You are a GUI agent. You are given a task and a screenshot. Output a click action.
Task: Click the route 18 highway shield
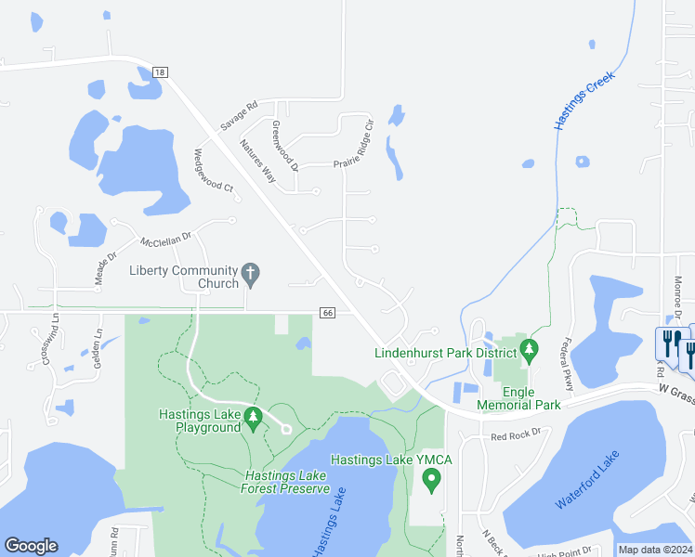pyautogui.click(x=159, y=72)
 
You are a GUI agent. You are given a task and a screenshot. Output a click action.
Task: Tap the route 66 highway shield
pyautogui.click(x=327, y=313)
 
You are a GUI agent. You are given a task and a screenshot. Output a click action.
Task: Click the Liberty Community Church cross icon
pyautogui.click(x=249, y=272)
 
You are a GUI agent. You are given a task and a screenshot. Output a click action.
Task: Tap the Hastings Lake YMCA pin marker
pyautogui.click(x=431, y=480)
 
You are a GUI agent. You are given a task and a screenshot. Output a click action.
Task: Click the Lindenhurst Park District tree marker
pyautogui.click(x=530, y=351)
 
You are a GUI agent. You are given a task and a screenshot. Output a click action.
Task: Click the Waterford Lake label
pyautogui.click(x=586, y=484)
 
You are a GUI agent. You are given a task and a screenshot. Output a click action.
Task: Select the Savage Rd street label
pyautogui.click(x=238, y=115)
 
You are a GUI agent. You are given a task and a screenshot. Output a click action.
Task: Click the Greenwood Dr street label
pyautogui.click(x=285, y=146)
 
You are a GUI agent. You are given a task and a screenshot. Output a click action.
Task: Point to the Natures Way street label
pyautogui.click(x=257, y=160)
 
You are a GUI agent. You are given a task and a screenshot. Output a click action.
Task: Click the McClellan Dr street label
pyautogui.click(x=165, y=239)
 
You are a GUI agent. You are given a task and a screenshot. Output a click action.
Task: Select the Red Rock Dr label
pyautogui.click(x=516, y=433)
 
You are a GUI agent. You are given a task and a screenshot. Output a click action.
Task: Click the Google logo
pyautogui.click(x=31, y=546)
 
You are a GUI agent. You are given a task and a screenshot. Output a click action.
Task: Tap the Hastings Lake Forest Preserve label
pyautogui.click(x=287, y=482)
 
